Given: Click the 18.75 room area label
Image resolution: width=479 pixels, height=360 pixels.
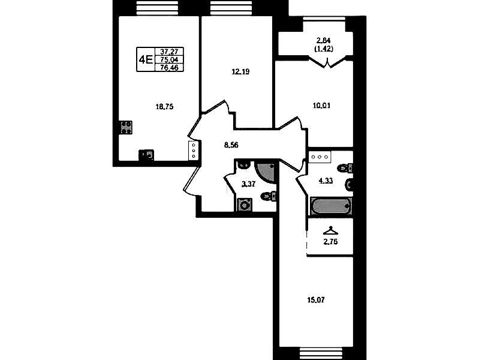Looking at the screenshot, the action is [165, 107].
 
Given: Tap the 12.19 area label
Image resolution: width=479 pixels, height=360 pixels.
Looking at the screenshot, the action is [241, 72].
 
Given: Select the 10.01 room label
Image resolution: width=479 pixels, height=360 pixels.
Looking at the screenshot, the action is [322, 106].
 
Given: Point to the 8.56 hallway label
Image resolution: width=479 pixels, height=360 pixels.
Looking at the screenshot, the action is [231, 145].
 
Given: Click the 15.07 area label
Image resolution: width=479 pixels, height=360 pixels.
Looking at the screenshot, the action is [316, 300].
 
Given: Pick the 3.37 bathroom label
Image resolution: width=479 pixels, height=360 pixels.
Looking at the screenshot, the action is [248, 184].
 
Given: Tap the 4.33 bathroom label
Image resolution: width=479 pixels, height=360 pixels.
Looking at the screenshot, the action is [326, 181].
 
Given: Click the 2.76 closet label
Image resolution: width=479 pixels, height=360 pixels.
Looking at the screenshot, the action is [330, 242].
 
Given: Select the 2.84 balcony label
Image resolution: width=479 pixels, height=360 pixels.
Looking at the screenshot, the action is [324, 40].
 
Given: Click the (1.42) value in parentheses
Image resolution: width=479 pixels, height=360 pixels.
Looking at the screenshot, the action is [324, 49].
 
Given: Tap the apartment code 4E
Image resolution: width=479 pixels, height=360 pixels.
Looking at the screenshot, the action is [146, 59].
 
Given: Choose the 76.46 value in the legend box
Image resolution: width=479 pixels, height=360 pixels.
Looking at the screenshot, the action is [169, 68].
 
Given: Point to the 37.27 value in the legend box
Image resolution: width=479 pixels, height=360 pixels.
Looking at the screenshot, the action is [169, 52].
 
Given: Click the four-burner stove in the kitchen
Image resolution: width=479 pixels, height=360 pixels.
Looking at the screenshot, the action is [126, 127].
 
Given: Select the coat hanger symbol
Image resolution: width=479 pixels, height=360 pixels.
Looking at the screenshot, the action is [330, 230].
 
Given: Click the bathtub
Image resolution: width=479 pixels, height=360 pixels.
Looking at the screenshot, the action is [331, 206].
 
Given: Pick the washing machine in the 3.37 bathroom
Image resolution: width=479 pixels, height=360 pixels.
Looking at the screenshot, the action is [245, 205].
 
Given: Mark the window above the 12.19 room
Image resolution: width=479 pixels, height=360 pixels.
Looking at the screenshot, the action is [231, 7].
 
